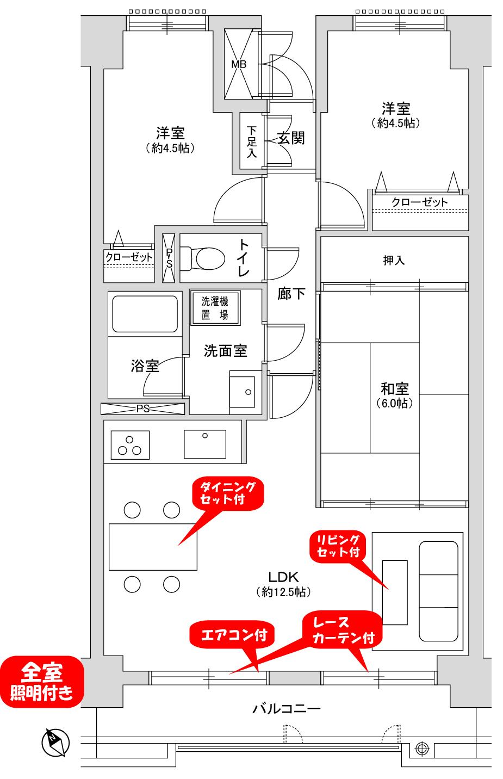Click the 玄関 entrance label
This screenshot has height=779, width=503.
[x=291, y=138]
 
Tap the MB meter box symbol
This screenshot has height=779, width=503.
[x=239, y=64]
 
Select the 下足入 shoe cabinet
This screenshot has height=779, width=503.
[x=251, y=141]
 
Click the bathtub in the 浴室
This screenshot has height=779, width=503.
[x=144, y=314]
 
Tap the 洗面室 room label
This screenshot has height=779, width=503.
[x=225, y=351]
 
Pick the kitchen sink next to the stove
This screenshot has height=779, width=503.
[x=204, y=444]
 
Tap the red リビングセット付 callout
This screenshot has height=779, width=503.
[x=338, y=546]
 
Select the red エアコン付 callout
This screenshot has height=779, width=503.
[x=232, y=634]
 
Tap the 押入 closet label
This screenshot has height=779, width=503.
[x=394, y=261]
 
